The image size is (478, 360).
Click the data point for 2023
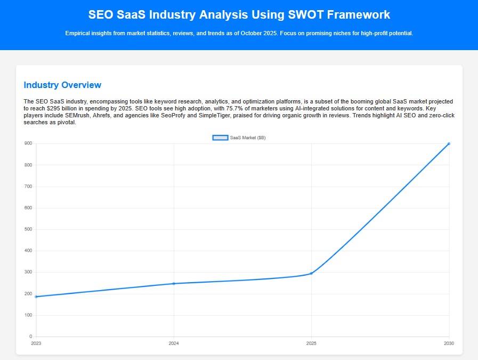coord(36,297)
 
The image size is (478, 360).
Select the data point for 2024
coord(174,284)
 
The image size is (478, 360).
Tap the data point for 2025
coord(311,274)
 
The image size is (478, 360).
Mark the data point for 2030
coord(449,143)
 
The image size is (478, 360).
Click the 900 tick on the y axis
coord(28,143)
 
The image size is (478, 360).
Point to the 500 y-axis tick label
coord(28,229)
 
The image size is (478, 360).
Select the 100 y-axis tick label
coord(28,315)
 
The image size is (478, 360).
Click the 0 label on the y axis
coord(30,337)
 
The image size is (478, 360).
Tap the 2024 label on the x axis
coord(174,343)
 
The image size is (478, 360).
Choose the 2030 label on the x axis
coord(449,343)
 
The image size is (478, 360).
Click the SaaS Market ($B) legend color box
coord(220,138)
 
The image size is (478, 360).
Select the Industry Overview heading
coord(62,85)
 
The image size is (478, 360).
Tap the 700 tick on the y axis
coord(28,187)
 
